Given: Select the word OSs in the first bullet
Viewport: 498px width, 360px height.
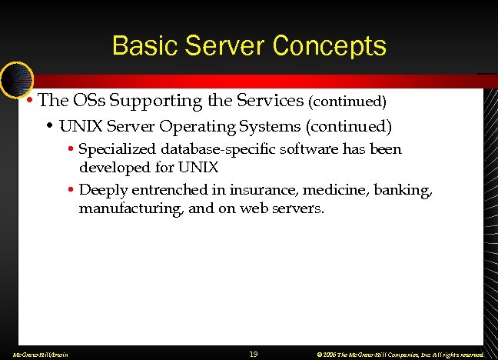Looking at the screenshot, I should pyautogui.click(x=88, y=100).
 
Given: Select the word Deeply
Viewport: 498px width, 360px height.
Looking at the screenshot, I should pyautogui.click(x=101, y=189).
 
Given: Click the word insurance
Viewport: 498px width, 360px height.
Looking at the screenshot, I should pyautogui.click(x=247, y=189).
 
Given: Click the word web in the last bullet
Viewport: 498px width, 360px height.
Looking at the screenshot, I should pyautogui.click(x=255, y=208).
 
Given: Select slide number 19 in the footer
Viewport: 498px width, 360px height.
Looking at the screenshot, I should pyautogui.click(x=254, y=353).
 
